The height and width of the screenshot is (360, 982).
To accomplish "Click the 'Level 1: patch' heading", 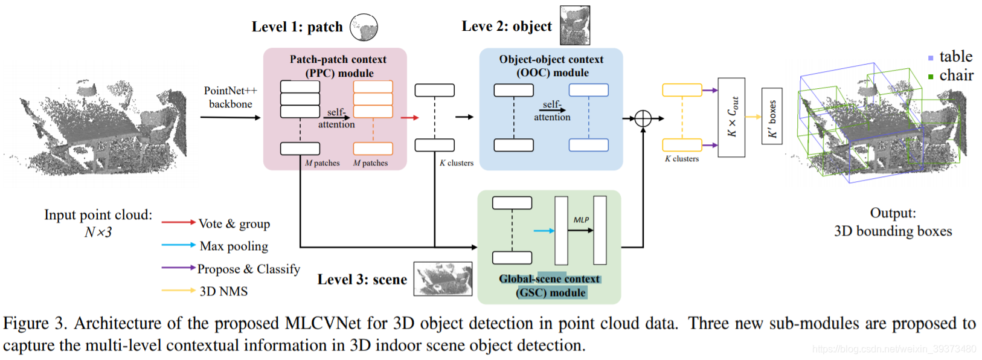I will point(297,27).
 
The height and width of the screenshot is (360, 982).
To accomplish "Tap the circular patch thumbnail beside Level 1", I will point(364,27).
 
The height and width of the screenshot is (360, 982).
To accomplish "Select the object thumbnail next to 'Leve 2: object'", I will point(574,25).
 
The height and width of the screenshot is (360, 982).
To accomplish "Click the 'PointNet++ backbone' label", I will point(230,97).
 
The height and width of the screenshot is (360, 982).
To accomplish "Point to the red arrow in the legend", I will point(178,222).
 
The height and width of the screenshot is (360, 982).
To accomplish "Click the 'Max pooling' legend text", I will point(234,246).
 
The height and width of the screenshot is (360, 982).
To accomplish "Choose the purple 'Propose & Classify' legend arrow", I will point(178,268).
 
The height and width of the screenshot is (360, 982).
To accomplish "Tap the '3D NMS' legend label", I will point(223,291).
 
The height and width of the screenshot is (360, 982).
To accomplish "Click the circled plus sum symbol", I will point(643,118).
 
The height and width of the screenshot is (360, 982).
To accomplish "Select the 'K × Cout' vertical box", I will point(731,117).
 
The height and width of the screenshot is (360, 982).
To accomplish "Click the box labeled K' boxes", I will point(772,117).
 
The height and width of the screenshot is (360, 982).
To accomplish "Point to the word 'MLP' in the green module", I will point(581,220).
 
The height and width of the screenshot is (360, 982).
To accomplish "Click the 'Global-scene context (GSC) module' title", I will point(550,286).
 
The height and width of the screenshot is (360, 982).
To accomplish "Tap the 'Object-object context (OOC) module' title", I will point(551,66).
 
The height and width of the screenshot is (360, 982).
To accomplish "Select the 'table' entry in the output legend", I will point(955,57).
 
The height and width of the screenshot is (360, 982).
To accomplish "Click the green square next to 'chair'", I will point(931,77).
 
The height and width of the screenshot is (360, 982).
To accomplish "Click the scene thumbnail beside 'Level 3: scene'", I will point(443,278).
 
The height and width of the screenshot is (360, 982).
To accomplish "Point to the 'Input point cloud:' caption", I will point(98,215).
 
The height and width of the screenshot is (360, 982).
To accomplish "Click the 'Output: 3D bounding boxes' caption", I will point(893,222).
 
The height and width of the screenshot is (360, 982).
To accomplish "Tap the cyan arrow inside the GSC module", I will point(544,230).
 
